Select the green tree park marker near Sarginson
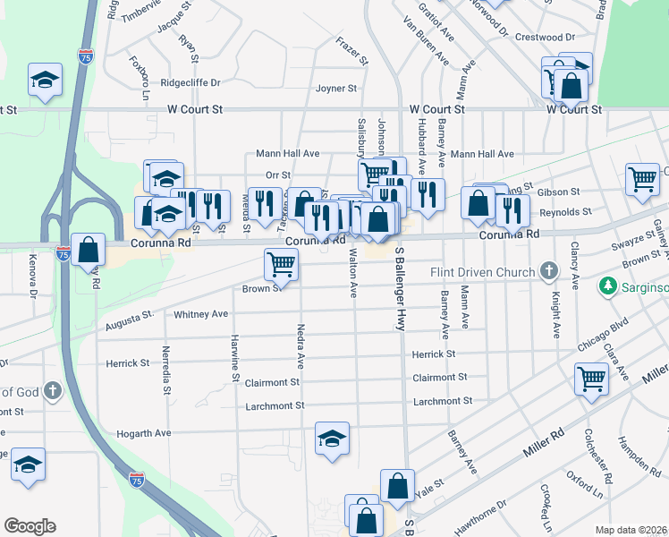point(609,286)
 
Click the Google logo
point(30,526)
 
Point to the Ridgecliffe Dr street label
point(190,82)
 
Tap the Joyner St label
point(336,89)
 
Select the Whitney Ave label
point(201,314)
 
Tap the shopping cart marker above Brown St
point(281,263)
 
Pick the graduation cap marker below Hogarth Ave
point(332,439)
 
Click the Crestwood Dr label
point(546,37)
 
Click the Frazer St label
point(352,51)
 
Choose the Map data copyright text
point(631,530)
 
